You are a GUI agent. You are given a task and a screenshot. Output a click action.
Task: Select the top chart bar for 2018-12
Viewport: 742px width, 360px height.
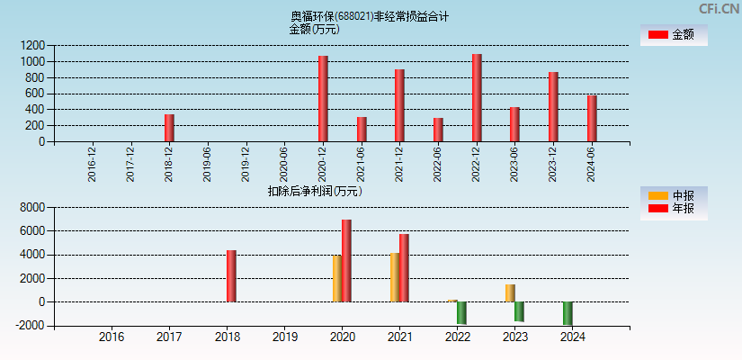coord(169,128)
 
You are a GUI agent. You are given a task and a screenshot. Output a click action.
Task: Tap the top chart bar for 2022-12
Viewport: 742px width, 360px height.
coord(477,98)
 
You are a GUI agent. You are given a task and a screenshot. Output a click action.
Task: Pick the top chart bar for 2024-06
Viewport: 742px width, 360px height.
coord(592,119)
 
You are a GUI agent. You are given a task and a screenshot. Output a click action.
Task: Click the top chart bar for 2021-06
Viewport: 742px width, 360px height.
coord(362,130)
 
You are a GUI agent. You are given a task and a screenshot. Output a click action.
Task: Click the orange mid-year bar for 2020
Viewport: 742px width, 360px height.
coord(337,279)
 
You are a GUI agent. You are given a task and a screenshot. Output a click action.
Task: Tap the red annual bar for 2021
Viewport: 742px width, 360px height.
coord(404,268)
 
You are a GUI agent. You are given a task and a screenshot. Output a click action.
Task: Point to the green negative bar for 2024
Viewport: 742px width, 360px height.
coord(568,313)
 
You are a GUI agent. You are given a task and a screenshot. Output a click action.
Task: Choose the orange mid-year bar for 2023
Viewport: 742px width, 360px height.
coord(510,293)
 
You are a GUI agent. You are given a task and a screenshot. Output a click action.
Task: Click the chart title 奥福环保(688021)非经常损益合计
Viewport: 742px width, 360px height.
coord(370,16)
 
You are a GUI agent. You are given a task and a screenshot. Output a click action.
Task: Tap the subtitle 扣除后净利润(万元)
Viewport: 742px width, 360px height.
coord(315,191)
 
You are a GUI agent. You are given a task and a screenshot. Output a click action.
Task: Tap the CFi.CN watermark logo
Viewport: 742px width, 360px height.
coord(719,8)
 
